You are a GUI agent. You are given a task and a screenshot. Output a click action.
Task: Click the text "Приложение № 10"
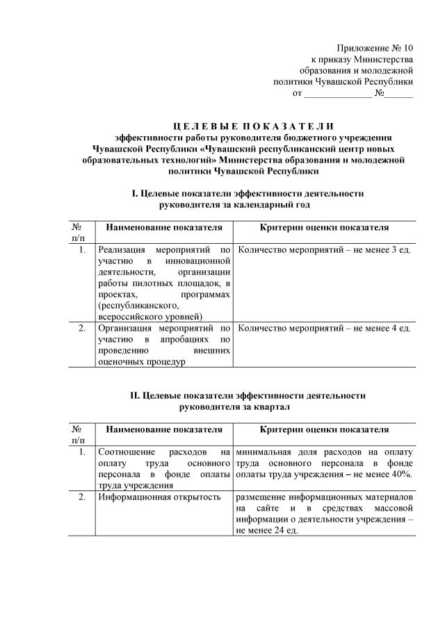375,48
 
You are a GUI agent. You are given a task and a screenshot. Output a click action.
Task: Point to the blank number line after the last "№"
400,92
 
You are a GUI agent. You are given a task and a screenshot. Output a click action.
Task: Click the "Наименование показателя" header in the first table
164,227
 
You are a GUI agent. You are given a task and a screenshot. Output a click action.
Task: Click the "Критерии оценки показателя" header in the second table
324,430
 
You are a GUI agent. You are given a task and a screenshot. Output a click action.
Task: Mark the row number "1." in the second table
81,452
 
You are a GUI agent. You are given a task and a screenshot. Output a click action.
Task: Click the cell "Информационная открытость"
159,497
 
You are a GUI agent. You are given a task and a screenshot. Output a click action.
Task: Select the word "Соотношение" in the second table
128,452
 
